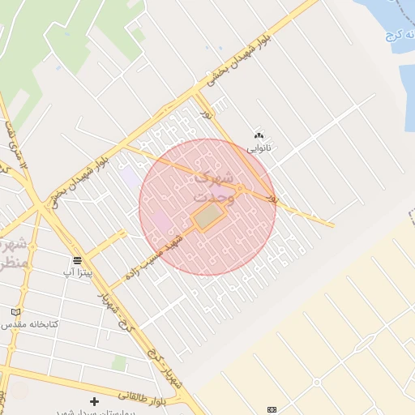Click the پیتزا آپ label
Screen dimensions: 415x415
click(x=80, y=273)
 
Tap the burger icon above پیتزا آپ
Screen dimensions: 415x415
click(x=77, y=260)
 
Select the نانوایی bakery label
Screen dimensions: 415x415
click(x=259, y=148)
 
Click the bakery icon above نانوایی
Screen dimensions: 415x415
click(x=259, y=135)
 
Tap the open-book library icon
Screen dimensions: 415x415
click(x=15, y=312)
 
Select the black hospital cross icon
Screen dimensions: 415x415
click(x=95, y=401)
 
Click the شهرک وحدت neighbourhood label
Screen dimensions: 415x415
click(x=213, y=187)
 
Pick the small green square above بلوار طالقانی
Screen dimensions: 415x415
click(x=118, y=362)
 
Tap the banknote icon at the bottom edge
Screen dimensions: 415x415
click(x=272, y=409)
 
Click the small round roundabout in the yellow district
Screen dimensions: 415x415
click(x=316, y=381)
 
